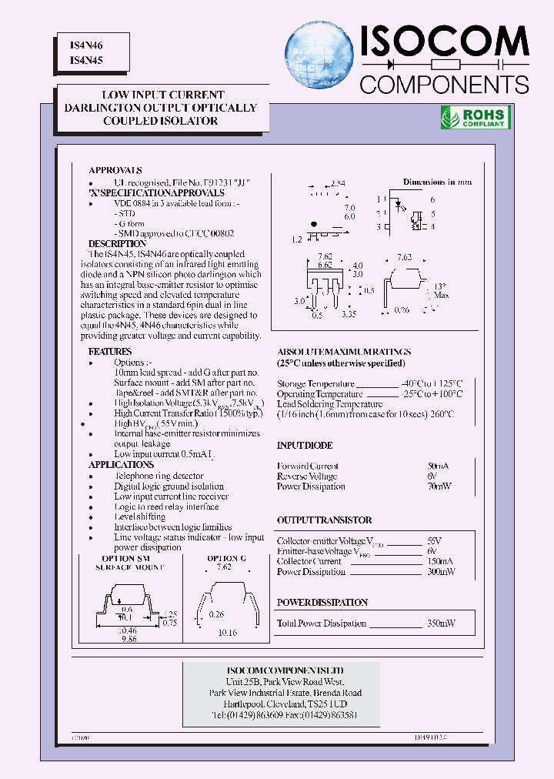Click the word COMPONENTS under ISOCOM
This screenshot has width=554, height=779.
pyautogui.click(x=444, y=84)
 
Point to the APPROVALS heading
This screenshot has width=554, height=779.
pyautogui.click(x=115, y=170)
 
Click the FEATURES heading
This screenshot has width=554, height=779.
pyautogui.click(x=110, y=352)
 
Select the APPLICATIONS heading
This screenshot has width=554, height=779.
pyautogui.click(x=121, y=465)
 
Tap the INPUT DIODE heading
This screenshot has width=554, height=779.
pyautogui.click(x=305, y=446)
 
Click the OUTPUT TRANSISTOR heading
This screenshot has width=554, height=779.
pyautogui.click(x=324, y=520)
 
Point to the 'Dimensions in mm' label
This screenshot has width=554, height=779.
pyautogui.click(x=437, y=182)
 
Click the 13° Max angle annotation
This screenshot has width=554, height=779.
pyautogui.click(x=441, y=290)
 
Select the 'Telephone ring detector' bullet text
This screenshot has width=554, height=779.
pyautogui.click(x=159, y=476)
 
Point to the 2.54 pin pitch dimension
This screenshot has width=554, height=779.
pyautogui.click(x=336, y=183)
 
